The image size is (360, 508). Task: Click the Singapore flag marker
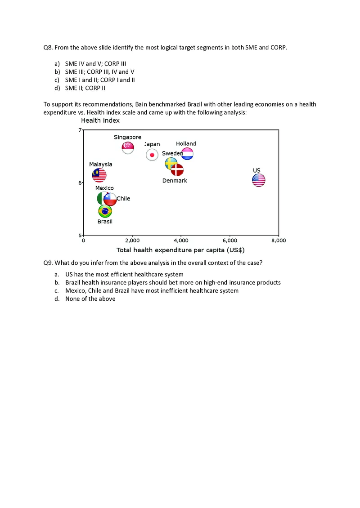pyautogui.click(x=128, y=147)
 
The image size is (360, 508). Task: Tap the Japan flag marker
pyautogui.click(x=152, y=155)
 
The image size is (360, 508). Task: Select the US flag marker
pyautogui.click(x=258, y=180)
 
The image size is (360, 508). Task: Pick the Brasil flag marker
pyautogui.click(x=105, y=210)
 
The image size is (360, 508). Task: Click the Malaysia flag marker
pyautogui.click(x=99, y=175)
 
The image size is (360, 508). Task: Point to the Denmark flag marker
pyautogui.click(x=177, y=170)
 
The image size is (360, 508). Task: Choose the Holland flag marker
pyautogui.click(x=187, y=154)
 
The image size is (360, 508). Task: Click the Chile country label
pyautogui.click(x=123, y=198)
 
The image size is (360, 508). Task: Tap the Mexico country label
pyautogui.click(x=104, y=188)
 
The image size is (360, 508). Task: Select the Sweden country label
pyautogui.click(x=172, y=153)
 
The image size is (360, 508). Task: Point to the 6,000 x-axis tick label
pyautogui.click(x=230, y=241)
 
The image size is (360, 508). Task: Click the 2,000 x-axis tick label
pyautogui.click(x=132, y=241)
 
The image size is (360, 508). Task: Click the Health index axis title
pyautogui.click(x=100, y=120)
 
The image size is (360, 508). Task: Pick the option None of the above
pyautogui.click(x=90, y=299)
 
